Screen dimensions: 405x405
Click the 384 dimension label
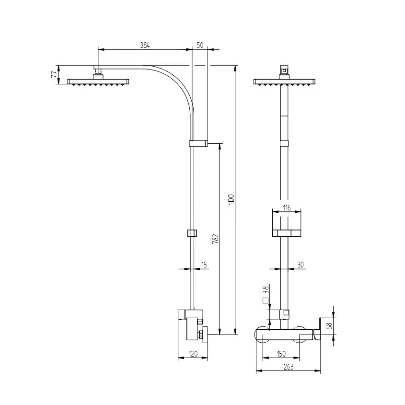145,45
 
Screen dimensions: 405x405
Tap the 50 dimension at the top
200,45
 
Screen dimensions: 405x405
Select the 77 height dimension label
55,75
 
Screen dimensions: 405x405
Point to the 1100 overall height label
231,200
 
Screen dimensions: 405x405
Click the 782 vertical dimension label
215,239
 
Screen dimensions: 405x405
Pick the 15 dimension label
204,265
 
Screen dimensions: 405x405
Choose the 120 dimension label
193,354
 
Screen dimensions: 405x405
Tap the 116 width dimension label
287,208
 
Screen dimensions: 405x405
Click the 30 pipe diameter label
301,265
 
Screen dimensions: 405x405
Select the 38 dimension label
266,289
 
